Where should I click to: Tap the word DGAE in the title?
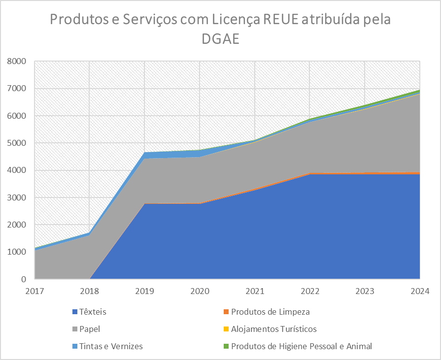pyautogui.click(x=221, y=39)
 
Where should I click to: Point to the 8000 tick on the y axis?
pyautogui.click(x=17, y=61)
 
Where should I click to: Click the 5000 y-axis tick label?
pyautogui.click(x=17, y=143)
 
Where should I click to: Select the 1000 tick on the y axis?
pyautogui.click(x=17, y=252)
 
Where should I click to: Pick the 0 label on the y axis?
pyautogui.click(x=24, y=279)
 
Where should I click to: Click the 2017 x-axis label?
pyautogui.click(x=34, y=291)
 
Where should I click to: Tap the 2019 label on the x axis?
pyautogui.click(x=144, y=291)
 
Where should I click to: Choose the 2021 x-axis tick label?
pyautogui.click(x=255, y=291)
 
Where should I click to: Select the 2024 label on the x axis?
pyautogui.click(x=420, y=291)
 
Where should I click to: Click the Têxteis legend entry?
pyautogui.click(x=90, y=312)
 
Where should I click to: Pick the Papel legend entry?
pyautogui.click(x=86, y=329)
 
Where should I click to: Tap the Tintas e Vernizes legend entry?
pyautogui.click(x=107, y=346)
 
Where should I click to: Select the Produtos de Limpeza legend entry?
pyautogui.click(x=267, y=312)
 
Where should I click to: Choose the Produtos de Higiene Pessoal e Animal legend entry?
pyautogui.click(x=298, y=346)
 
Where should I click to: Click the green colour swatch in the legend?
pyautogui.click(x=226, y=346)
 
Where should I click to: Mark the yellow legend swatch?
pyautogui.click(x=226, y=329)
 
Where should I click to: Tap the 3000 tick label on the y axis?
pyautogui.click(x=17, y=197)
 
